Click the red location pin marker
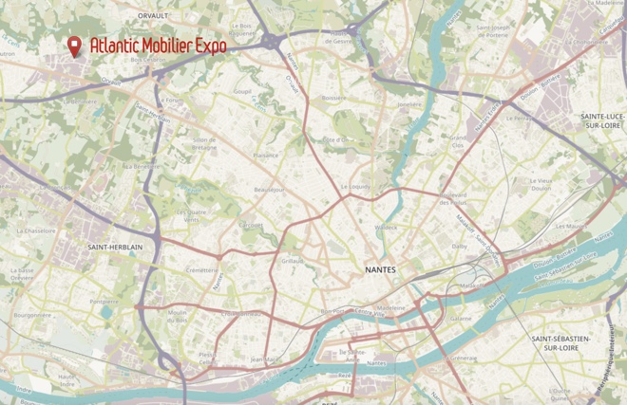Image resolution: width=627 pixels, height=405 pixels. [x=74, y=46]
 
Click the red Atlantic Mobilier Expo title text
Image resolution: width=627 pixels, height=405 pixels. [x=158, y=46]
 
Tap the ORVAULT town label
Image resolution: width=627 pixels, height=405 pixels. [x=153, y=16]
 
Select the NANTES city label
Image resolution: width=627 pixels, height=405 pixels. [x=380, y=270]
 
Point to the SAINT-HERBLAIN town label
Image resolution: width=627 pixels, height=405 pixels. [x=114, y=248]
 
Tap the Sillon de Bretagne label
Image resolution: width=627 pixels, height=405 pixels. [x=205, y=143]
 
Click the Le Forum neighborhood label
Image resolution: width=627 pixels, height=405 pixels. [x=172, y=99]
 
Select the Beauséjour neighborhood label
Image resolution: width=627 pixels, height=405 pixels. [x=269, y=190]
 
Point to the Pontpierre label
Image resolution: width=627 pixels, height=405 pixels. [x=104, y=301]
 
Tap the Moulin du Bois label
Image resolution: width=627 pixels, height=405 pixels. [x=178, y=315]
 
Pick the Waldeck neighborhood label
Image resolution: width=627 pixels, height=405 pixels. [x=386, y=228]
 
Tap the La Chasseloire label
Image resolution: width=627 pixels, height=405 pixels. [x=36, y=230]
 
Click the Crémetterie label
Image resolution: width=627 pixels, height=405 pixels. [x=201, y=270]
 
